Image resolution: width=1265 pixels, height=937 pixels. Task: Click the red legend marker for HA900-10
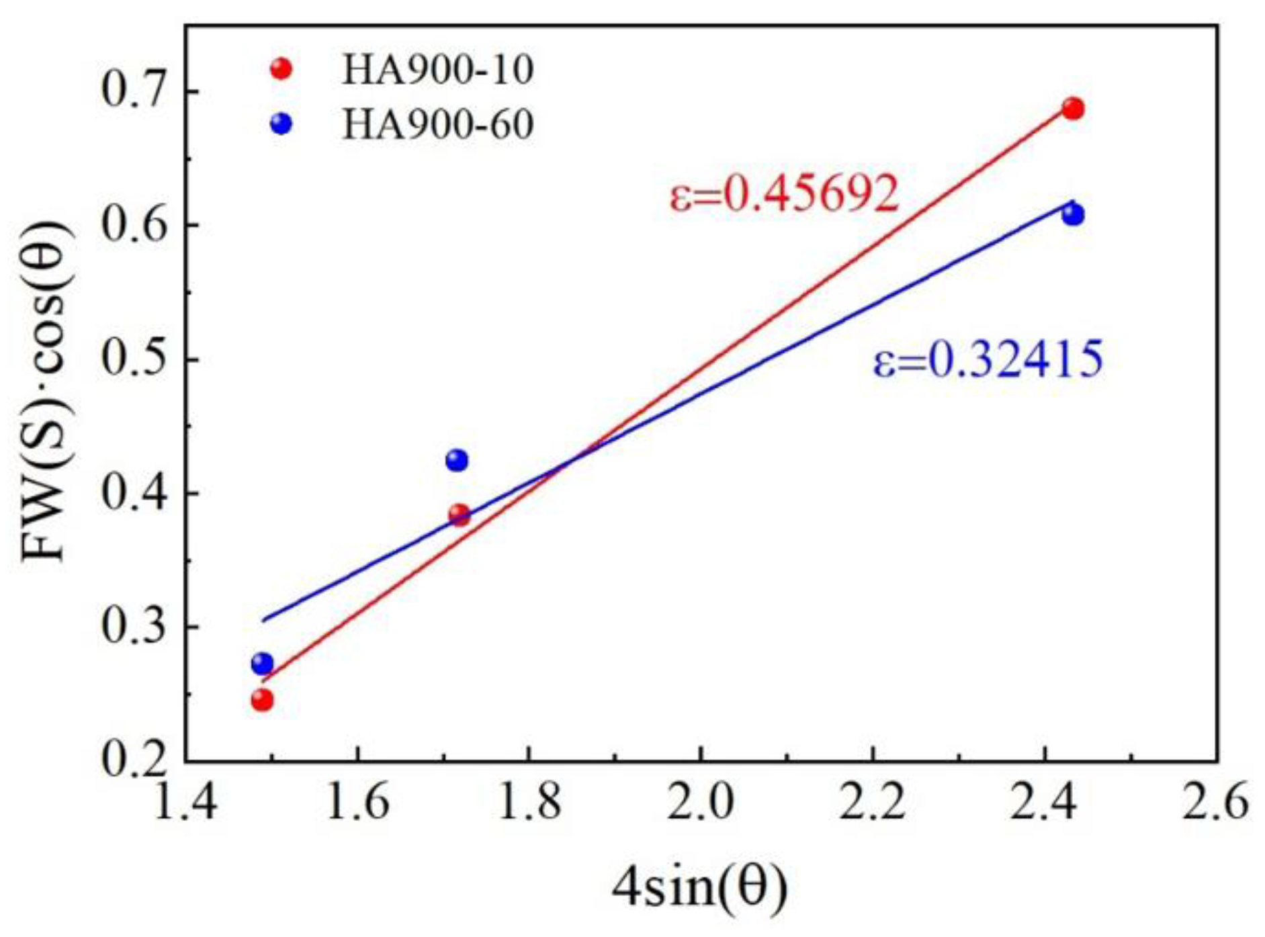[x=281, y=69]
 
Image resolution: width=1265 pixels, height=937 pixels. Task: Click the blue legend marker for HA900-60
[x=281, y=124]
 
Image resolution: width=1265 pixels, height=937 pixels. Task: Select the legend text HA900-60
[x=437, y=124]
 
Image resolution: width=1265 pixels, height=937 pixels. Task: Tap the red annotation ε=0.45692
[x=784, y=194]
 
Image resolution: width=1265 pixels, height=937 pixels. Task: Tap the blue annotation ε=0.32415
[x=988, y=359]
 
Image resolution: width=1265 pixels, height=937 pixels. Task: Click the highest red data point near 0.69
[x=1073, y=109]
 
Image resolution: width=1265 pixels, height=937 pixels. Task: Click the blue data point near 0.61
[x=1073, y=215]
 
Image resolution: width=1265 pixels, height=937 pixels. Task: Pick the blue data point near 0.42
[x=457, y=460]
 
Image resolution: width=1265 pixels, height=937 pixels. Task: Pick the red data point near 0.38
[x=460, y=515]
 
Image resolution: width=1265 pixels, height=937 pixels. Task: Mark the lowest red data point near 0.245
[x=262, y=701]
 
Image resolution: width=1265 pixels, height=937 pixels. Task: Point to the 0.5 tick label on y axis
[x=133, y=359]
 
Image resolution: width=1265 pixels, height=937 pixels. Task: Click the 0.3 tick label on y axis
[x=133, y=626]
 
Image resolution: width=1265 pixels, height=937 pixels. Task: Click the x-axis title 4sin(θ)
[x=699, y=888]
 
